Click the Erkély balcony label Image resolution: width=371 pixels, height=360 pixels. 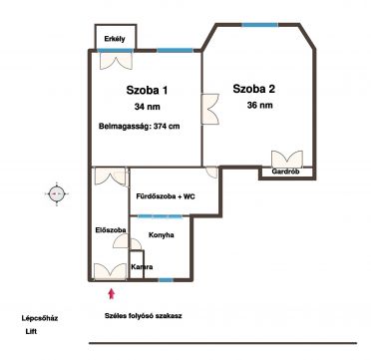115,39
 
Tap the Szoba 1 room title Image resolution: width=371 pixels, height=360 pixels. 147,91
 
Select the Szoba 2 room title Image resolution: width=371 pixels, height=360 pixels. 254,89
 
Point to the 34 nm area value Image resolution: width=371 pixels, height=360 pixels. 148,107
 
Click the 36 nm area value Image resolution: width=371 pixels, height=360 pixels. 260,106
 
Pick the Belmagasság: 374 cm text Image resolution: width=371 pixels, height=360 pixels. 140,127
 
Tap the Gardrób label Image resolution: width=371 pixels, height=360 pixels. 286,172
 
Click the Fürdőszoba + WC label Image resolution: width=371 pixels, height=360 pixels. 166,196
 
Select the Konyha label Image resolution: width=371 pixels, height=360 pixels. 161,235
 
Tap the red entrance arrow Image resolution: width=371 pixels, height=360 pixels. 112,294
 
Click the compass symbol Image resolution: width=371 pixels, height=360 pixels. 57,193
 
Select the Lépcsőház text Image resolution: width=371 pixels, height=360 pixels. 40,318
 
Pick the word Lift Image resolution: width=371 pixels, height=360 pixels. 31,332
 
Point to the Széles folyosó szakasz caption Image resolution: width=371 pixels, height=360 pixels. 143,316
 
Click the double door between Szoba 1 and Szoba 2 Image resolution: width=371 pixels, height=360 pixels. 210,109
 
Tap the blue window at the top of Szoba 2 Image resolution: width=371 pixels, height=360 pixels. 259,25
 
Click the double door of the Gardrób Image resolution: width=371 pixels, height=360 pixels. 287,160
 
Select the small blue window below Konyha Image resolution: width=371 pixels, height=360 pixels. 166,280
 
